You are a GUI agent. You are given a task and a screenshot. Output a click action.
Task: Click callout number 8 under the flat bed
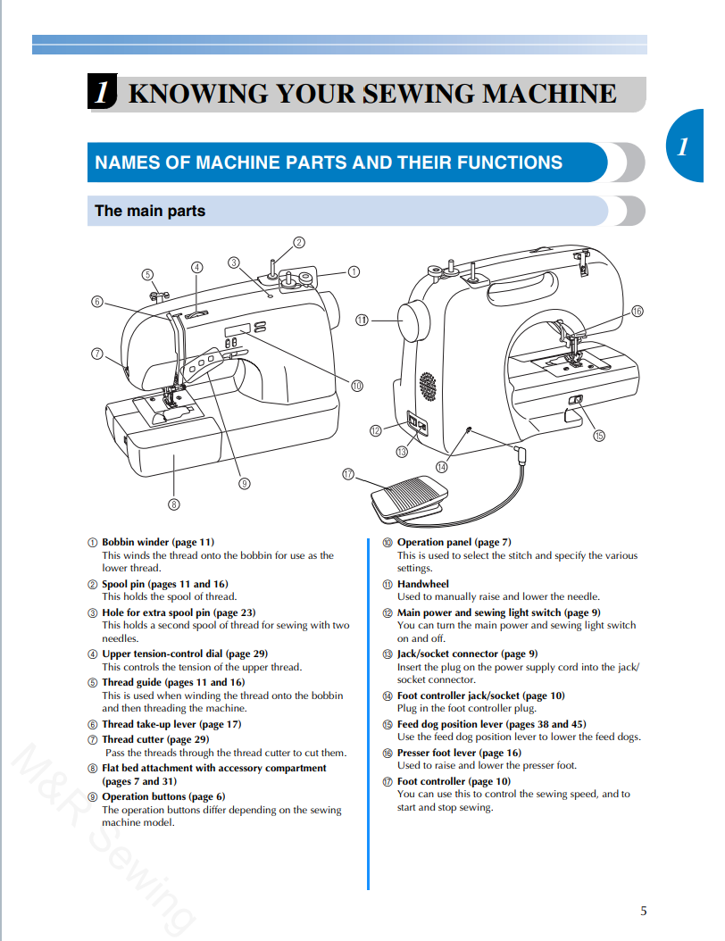pyautogui.click(x=173, y=504)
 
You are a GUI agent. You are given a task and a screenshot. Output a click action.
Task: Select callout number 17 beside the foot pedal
pyautogui.click(x=348, y=474)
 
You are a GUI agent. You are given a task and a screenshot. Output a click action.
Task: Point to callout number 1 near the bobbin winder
pyautogui.click(x=354, y=271)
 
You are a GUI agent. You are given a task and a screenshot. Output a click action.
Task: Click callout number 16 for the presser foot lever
pyautogui.click(x=637, y=311)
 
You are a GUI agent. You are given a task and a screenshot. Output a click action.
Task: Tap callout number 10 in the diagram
pyautogui.click(x=356, y=386)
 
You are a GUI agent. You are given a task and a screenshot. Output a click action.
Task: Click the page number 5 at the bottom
pyautogui.click(x=643, y=911)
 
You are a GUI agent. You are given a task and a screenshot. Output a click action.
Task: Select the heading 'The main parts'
pyautogui.click(x=150, y=212)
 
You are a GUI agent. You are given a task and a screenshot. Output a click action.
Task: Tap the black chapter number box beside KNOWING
pyautogui.click(x=103, y=94)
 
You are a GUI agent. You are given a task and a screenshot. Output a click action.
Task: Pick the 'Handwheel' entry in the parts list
pyautogui.click(x=423, y=584)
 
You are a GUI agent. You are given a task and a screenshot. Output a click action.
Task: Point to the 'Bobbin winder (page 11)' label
pyautogui.click(x=157, y=542)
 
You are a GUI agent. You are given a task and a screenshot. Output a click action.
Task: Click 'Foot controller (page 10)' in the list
pyautogui.click(x=454, y=781)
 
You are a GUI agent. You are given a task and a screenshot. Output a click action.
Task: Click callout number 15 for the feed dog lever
pyautogui.click(x=598, y=436)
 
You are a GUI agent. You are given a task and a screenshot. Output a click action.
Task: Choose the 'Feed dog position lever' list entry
pyautogui.click(x=491, y=724)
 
